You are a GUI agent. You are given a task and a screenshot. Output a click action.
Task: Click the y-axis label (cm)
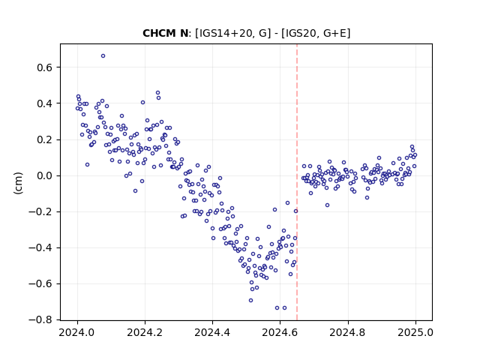[18, 183]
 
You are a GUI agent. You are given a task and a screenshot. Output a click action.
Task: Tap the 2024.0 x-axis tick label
[77, 332]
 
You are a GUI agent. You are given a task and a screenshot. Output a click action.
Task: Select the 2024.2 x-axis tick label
[145, 332]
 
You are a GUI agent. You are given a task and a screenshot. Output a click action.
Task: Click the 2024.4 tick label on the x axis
[212, 332]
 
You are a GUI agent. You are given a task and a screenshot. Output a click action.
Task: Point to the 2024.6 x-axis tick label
[280, 332]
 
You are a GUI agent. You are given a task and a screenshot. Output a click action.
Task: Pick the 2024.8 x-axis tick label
[348, 332]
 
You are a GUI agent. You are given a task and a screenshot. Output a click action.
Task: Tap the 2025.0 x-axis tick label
[415, 332]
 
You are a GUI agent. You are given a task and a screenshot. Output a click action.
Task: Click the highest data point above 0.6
[103, 56]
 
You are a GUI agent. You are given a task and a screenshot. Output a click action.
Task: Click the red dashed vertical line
[297, 182]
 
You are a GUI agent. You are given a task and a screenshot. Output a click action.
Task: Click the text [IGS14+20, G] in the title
[232, 33]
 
